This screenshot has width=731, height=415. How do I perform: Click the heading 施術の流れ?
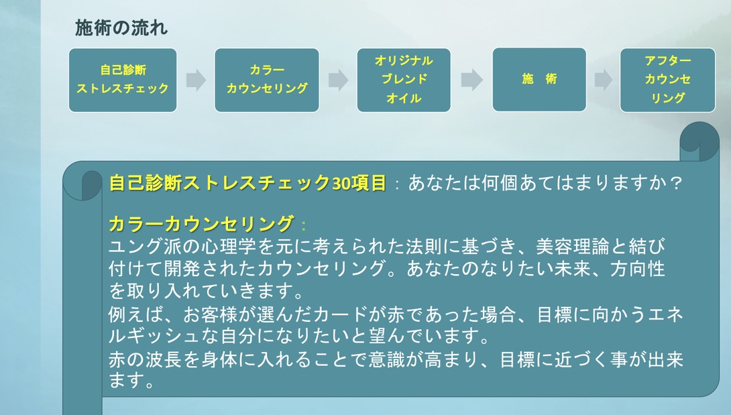pyautogui.click(x=121, y=28)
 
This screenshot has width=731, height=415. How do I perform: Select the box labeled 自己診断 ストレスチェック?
pyautogui.click(x=123, y=80)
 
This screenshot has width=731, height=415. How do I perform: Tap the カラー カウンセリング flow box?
pyautogui.click(x=267, y=80)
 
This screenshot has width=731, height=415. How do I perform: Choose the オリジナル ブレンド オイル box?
pyautogui.click(x=404, y=80)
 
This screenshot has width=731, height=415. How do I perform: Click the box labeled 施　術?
pyautogui.click(x=539, y=79)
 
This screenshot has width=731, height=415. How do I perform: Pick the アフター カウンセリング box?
pyautogui.click(x=668, y=80)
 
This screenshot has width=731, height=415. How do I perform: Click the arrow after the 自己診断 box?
pyautogui.click(x=195, y=80)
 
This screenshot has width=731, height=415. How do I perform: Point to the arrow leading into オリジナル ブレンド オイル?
pyautogui.click(x=338, y=80)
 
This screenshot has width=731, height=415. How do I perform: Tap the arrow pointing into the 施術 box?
pyautogui.click(x=471, y=80)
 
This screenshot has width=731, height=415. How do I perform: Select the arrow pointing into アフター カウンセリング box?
pyautogui.click(x=603, y=80)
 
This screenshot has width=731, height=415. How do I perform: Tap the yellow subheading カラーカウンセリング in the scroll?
pyautogui.click(x=201, y=223)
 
